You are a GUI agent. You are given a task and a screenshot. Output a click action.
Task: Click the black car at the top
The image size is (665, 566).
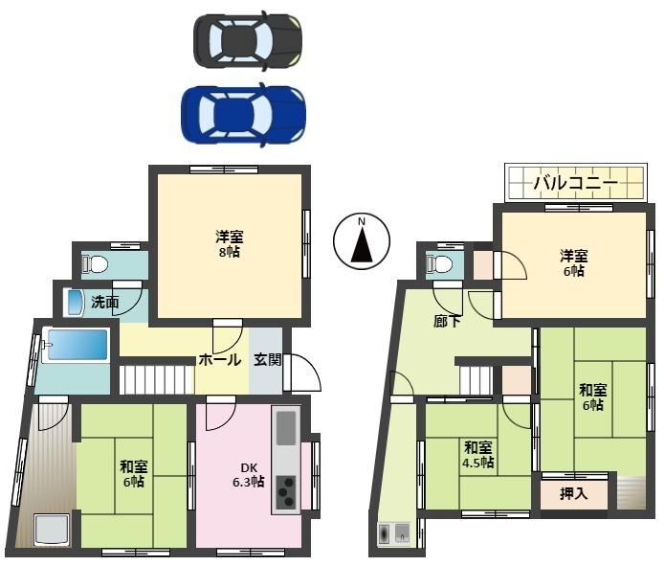click(248, 41)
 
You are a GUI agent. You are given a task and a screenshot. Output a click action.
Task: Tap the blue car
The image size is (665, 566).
click(243, 115)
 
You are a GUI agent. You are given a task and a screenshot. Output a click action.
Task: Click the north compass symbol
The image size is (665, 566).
click(362, 240)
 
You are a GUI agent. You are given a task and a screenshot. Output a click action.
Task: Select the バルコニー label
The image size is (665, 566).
click(575, 183)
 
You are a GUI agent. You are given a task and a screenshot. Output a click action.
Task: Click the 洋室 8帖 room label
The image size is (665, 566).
click(230, 244)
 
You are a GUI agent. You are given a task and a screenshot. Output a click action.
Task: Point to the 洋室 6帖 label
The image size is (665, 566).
click(573, 263)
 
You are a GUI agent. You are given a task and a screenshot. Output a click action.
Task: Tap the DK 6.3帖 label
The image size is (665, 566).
click(249, 475)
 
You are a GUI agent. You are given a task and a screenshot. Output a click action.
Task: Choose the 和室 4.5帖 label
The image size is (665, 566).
click(478, 454)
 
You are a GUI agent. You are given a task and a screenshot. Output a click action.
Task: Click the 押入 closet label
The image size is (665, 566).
click(573, 493)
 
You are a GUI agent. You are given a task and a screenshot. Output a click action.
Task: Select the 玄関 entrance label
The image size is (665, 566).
click(268, 360)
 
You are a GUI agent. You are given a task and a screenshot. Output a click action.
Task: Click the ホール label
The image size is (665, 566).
click(220, 360)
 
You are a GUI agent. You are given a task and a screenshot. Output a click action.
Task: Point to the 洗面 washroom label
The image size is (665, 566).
click(104, 302)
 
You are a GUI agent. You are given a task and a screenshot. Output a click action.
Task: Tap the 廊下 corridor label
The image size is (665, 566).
click(447, 322)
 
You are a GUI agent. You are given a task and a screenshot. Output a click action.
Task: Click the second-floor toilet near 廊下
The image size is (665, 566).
click(439, 263)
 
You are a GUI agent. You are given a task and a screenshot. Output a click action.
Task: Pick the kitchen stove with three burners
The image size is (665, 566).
click(285, 491)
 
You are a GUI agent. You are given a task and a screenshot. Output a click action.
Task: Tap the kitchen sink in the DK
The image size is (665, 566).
click(286, 427)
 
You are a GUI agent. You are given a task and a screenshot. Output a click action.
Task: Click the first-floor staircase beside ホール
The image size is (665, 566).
click(157, 379)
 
